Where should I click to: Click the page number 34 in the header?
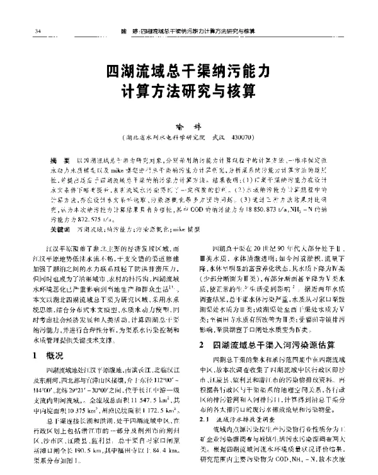[22, 30]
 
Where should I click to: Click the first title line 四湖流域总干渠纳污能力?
[189, 69]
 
